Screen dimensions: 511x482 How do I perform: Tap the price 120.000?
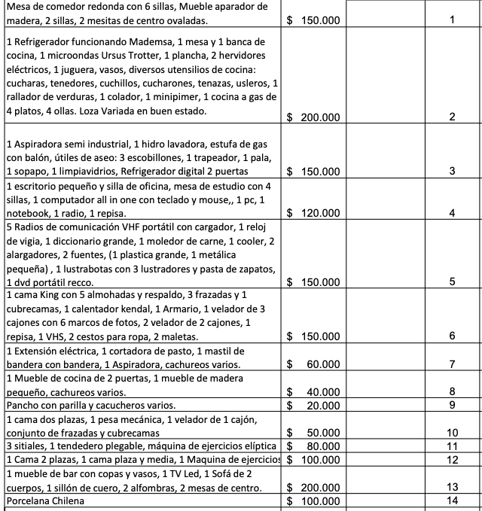pos(320,213)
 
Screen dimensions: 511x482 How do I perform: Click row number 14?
pos(452,501)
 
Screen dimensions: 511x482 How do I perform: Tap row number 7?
pos(452,364)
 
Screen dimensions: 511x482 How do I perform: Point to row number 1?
pos(452,20)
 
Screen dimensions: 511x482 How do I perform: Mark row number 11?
pos(452,446)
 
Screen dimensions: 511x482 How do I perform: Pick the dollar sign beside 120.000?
pos(291,213)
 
